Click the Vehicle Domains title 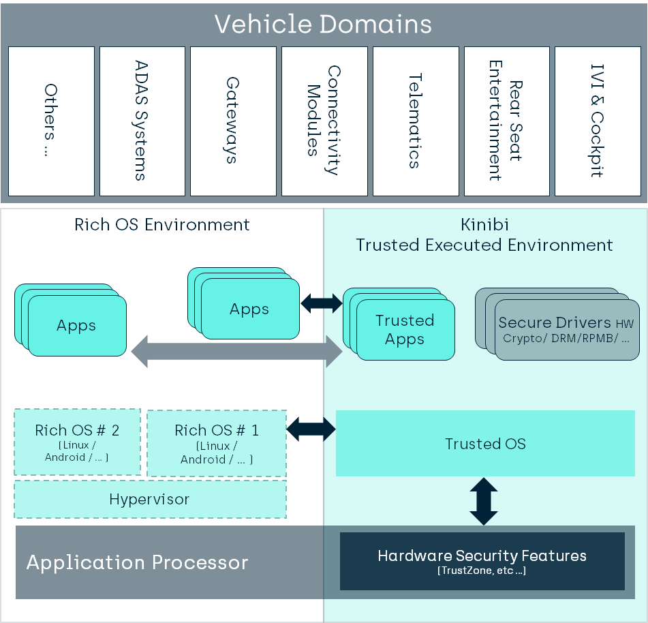(323, 25)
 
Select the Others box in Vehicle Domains (51, 121)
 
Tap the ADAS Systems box (142, 121)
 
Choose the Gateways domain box (233, 121)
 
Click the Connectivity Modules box (324, 121)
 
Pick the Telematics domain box (416, 121)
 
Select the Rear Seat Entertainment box (507, 121)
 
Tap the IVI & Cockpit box (598, 121)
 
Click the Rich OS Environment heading (162, 225)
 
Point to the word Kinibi (484, 225)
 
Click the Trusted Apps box (405, 330)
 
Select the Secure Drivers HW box (565, 330)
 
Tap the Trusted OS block (485, 444)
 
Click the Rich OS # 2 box (77, 442)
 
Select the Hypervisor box (150, 500)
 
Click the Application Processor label (137, 563)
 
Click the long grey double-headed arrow (236, 350)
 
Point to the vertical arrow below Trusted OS (484, 501)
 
